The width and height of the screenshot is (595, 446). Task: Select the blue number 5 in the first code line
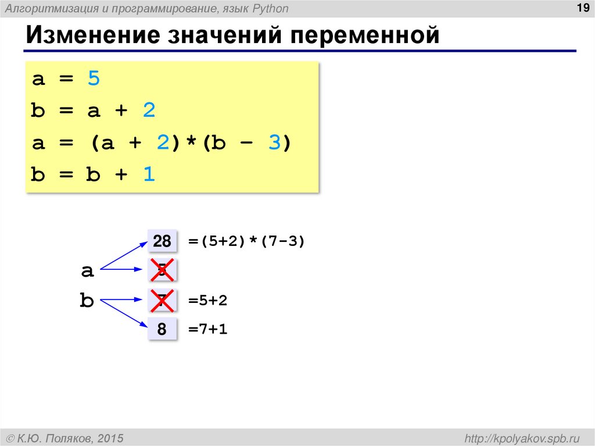click(x=94, y=79)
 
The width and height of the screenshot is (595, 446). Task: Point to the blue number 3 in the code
click(x=274, y=142)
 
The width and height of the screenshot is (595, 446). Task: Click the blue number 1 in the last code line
click(x=149, y=174)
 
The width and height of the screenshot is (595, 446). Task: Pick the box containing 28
click(x=162, y=241)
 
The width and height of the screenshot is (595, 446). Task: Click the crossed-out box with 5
click(x=162, y=270)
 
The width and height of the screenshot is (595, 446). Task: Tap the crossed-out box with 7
click(x=162, y=301)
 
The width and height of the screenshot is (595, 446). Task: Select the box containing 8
click(x=162, y=330)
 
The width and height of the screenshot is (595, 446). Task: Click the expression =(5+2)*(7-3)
click(x=246, y=241)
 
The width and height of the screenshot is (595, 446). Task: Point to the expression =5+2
click(x=207, y=301)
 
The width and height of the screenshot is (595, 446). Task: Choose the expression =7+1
click(x=207, y=330)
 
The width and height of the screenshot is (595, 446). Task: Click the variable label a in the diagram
click(x=87, y=270)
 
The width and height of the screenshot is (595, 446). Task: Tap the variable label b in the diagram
click(x=87, y=301)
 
